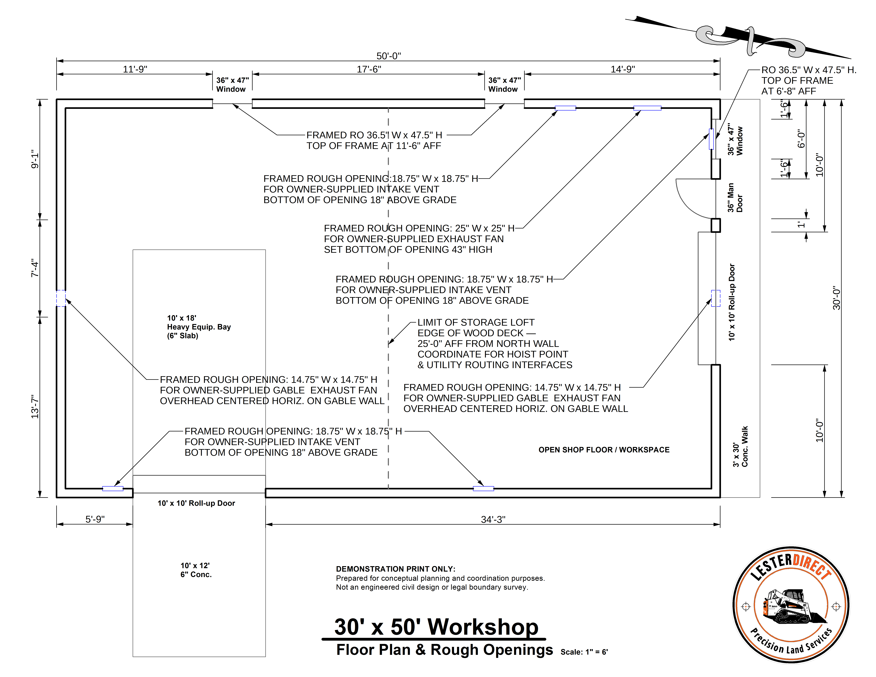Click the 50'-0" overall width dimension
pos(388,56)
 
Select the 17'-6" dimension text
pos(369,69)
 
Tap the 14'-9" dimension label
pos(622,69)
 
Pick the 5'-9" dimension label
pos(95,519)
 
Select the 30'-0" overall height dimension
pos(836,298)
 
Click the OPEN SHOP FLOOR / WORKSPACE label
pos(604,450)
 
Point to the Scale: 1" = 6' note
pos(584,652)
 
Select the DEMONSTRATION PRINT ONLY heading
pos(396,569)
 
